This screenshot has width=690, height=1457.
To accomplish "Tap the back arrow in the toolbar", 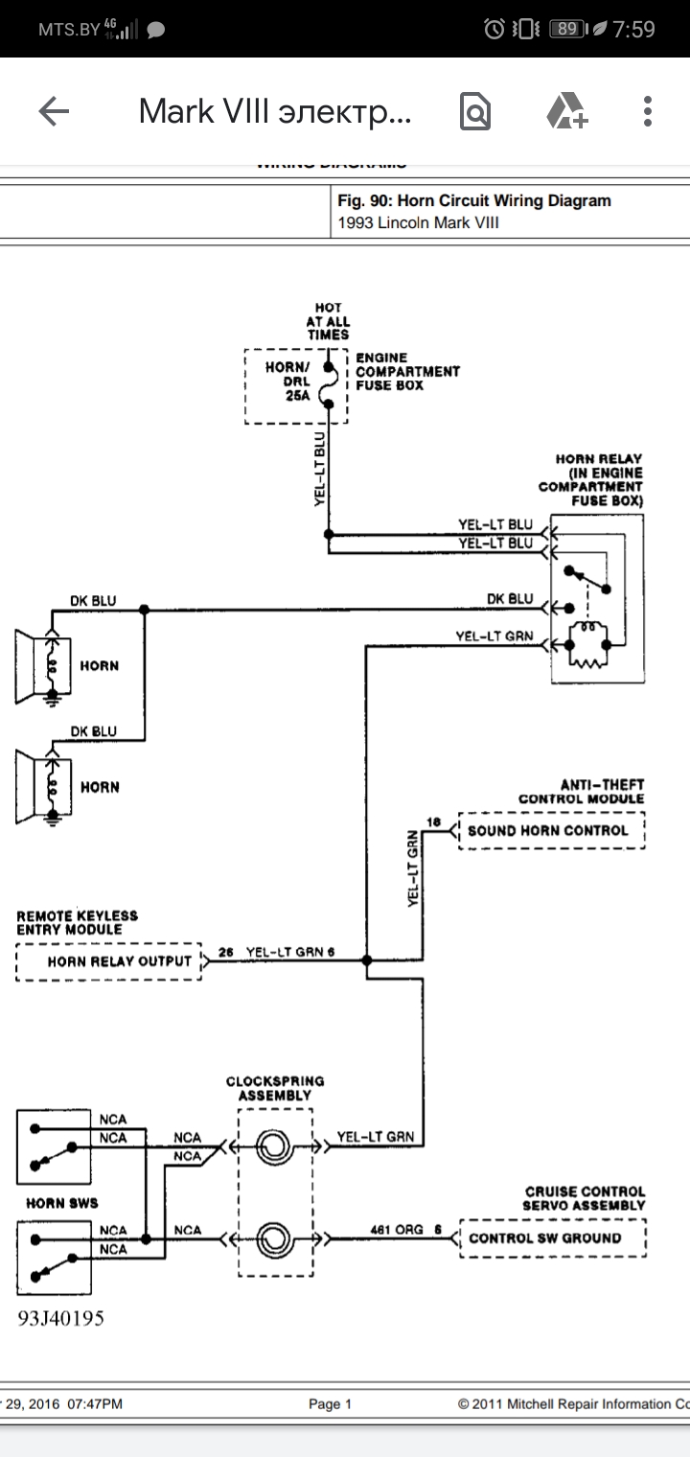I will click(x=54, y=112).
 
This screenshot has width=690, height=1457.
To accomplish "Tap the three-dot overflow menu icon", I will click(x=649, y=112).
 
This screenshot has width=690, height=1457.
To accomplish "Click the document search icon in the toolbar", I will click(x=475, y=112).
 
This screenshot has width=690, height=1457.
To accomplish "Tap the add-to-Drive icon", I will click(x=566, y=112).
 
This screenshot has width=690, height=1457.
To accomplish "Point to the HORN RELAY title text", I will click(x=599, y=459).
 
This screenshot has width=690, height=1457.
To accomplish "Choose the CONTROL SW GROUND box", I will click(x=552, y=1237).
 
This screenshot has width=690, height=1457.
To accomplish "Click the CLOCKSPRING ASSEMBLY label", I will click(x=275, y=1088).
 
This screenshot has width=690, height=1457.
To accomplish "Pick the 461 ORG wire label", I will click(x=396, y=1230).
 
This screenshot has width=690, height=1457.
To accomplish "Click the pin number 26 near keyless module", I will click(x=226, y=952).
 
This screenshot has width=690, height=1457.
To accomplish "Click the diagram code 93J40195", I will click(x=60, y=1318).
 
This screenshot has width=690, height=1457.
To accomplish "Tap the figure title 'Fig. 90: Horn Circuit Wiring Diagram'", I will click(x=474, y=201).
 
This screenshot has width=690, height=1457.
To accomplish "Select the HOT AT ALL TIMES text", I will click(x=328, y=322).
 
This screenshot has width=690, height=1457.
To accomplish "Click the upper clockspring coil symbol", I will click(x=276, y=1146).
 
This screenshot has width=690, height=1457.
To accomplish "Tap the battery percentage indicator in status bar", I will click(x=566, y=29).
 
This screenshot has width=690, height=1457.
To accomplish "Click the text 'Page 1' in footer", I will click(x=330, y=1404).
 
